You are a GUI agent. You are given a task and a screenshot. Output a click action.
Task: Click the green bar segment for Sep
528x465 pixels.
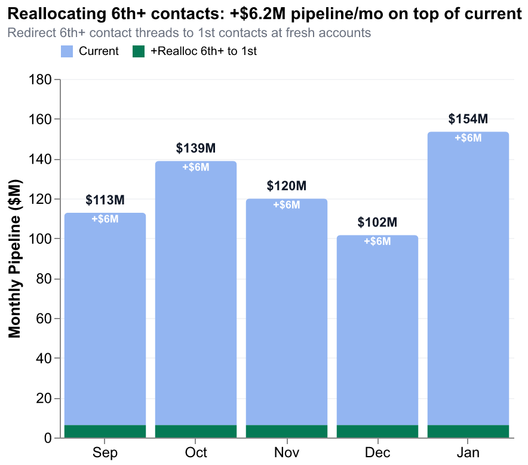[x=105, y=432]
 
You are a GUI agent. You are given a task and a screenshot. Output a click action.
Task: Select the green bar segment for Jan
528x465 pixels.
[x=468, y=432]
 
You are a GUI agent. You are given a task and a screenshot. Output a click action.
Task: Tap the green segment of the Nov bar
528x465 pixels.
[x=287, y=432]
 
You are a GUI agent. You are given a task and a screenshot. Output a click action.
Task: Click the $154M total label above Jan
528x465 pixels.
[x=468, y=119]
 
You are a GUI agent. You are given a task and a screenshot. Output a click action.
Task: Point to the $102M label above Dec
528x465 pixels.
[x=377, y=223]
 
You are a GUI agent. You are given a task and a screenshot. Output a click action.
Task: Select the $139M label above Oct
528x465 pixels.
[x=196, y=148]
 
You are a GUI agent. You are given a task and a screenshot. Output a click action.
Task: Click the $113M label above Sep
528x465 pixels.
[x=105, y=200]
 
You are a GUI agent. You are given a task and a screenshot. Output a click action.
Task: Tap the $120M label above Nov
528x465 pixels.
[x=287, y=186]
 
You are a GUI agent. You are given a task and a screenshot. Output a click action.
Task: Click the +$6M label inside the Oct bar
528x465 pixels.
[x=196, y=167]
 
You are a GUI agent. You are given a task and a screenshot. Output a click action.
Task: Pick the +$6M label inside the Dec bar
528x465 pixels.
[x=377, y=241]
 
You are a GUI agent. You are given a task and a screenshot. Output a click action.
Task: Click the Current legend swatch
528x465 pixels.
[x=67, y=52]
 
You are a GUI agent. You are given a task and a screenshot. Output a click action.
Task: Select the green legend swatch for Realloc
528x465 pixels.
[x=139, y=52]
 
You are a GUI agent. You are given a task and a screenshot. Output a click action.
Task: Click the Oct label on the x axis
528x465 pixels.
[x=196, y=452]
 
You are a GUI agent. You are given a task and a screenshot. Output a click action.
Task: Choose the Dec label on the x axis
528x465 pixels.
[x=377, y=452]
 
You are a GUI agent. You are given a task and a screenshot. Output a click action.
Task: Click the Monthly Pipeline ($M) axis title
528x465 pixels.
[x=14, y=258]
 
